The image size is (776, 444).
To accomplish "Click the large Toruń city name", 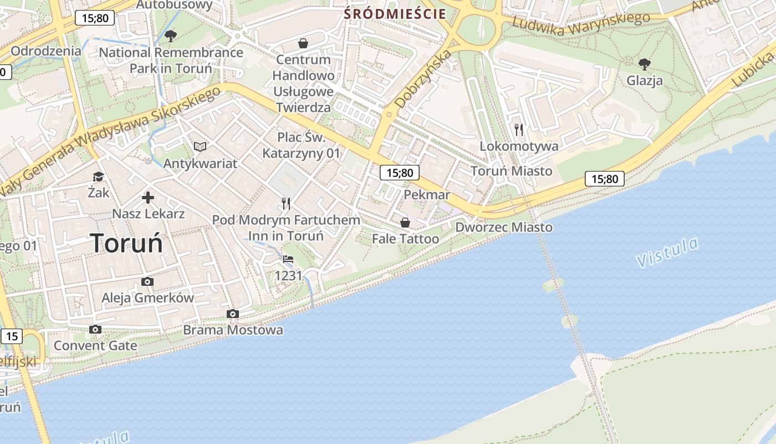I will pos(126,243).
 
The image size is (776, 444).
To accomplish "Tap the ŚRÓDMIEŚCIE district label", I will pos(395,14).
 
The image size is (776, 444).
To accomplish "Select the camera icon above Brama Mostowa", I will pos(233,314).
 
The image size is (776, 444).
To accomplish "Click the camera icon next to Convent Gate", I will pos(95,330).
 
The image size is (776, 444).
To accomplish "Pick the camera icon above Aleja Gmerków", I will pos(147,281).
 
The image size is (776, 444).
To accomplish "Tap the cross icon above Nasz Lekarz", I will pos(148,198).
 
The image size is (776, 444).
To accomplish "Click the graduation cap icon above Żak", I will pos(98,176).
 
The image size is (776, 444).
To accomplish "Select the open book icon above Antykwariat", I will pos(200,147).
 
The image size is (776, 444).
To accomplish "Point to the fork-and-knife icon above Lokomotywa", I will pos(519,130).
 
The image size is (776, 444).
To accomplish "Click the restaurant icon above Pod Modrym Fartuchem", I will pos(286,204).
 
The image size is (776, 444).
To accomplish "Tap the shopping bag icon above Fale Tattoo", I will pos(405,223).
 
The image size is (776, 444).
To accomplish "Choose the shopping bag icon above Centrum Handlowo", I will pos(303,43).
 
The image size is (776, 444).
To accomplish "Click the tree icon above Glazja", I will pos(644,64).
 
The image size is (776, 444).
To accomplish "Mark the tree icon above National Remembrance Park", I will pos(171,36).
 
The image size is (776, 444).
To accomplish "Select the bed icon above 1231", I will pos(288,259).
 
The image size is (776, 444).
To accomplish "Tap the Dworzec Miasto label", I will pos(504,228).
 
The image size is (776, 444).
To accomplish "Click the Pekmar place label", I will pos(427,195).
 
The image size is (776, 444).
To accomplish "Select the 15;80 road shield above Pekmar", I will pos(400,173).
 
